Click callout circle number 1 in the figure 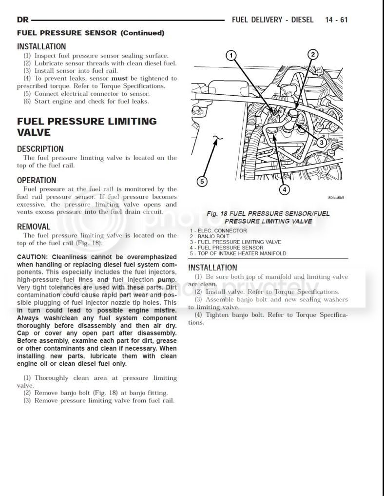[232, 55]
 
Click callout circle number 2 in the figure [313, 55]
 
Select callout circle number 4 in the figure [285, 189]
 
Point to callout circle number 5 [202, 182]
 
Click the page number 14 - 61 [336, 20]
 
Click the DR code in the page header [22, 20]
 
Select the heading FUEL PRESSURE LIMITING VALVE [87, 126]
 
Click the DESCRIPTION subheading [40, 149]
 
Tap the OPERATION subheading [37, 180]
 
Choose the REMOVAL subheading [34, 227]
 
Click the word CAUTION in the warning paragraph [32, 257]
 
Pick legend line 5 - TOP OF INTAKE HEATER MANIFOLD [238, 253]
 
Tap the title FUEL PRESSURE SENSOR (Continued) [91, 33]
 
